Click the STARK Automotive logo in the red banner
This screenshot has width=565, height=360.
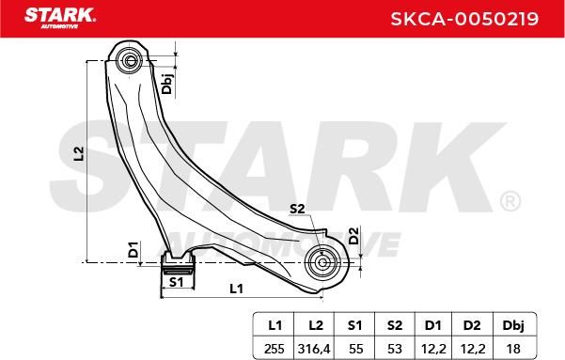point(60,18)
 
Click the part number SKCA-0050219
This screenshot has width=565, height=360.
point(464,19)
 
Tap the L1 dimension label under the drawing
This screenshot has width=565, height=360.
point(236,289)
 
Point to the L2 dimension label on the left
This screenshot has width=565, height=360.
point(79,153)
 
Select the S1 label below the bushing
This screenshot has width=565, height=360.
point(176,282)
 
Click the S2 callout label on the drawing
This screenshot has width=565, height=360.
point(297,209)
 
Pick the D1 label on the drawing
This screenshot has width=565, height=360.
point(133,249)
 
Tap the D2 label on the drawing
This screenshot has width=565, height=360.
point(354,236)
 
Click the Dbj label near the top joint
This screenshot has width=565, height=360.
point(166,82)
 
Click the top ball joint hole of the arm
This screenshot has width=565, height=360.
point(130,60)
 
